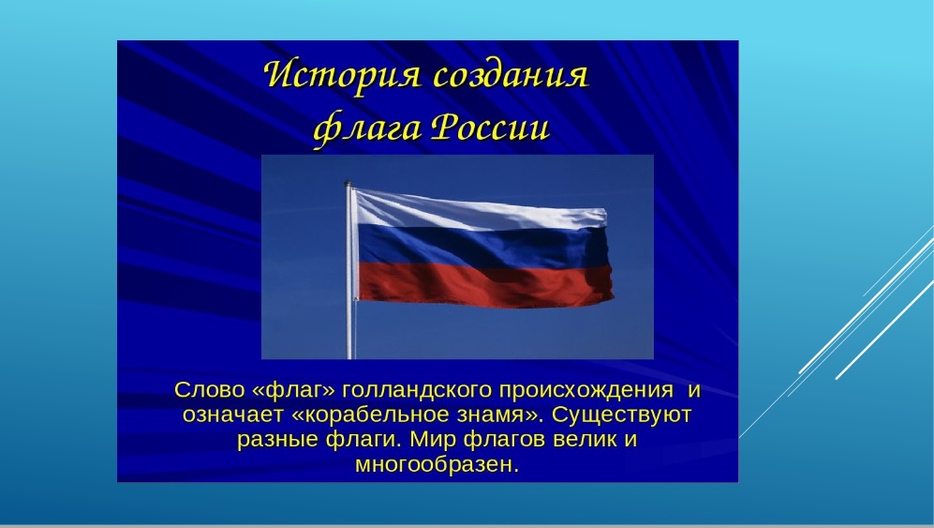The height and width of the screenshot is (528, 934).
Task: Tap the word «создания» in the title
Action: coord(511,76)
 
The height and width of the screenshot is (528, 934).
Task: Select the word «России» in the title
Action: coord(489,127)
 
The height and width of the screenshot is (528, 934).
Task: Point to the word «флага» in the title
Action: coord(366,128)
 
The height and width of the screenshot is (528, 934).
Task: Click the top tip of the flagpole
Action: coord(348,181)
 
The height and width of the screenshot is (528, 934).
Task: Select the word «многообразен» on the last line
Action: coord(434,464)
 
